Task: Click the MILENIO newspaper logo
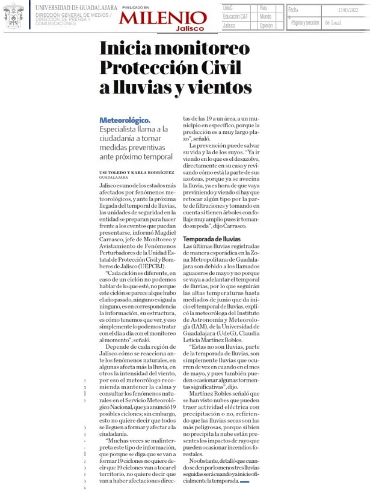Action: (162, 18)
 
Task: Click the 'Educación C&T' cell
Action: (236, 17)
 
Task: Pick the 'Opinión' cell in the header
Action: (267, 25)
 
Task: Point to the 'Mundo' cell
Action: (265, 17)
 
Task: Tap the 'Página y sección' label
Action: (304, 22)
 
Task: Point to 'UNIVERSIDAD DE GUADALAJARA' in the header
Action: (75, 7)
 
